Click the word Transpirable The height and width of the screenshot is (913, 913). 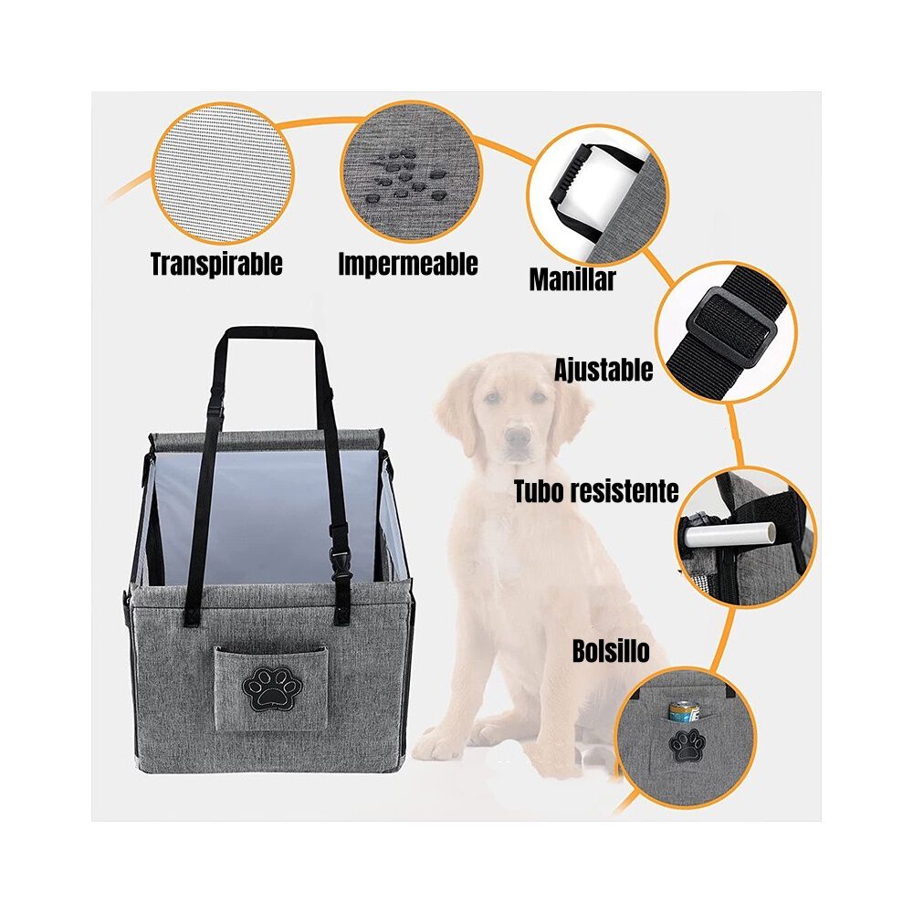pos(216,265)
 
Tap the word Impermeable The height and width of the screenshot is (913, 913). pos(408,264)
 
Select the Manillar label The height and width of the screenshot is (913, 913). pos(572,279)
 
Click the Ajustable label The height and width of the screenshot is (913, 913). pos(603,370)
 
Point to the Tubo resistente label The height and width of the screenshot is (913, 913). pos(596,492)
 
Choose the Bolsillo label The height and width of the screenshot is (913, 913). pos(611,651)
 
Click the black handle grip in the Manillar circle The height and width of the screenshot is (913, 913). pos(572,173)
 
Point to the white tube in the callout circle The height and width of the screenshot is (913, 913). pos(730,532)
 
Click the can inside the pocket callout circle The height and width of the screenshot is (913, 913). pos(682,713)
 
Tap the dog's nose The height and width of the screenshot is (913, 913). pos(519,436)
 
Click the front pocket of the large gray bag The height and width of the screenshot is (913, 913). pos(269,687)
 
